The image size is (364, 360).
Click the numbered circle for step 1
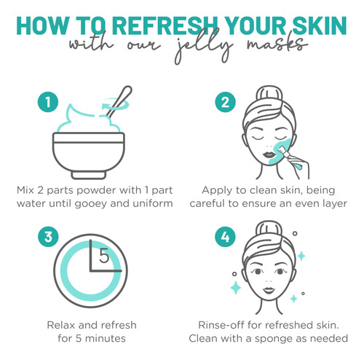48,102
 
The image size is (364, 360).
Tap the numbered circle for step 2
225,102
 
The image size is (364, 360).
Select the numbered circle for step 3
48,237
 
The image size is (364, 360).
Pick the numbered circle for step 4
225,237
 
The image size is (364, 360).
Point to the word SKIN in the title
320,26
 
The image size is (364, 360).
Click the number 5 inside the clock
104,256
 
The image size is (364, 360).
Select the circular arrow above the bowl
115,104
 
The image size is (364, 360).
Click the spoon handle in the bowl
119,101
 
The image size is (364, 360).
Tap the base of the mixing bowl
89,175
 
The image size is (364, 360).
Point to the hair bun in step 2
269,94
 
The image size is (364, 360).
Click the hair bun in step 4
269,230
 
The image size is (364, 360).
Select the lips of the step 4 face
269,290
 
